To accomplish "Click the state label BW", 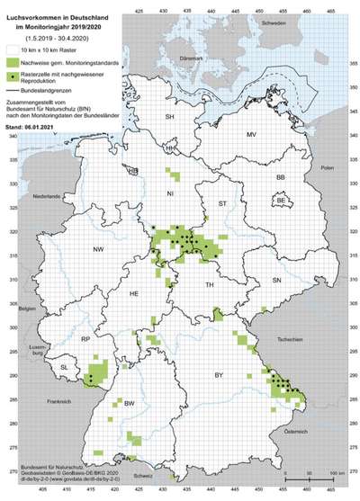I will [130, 404].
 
